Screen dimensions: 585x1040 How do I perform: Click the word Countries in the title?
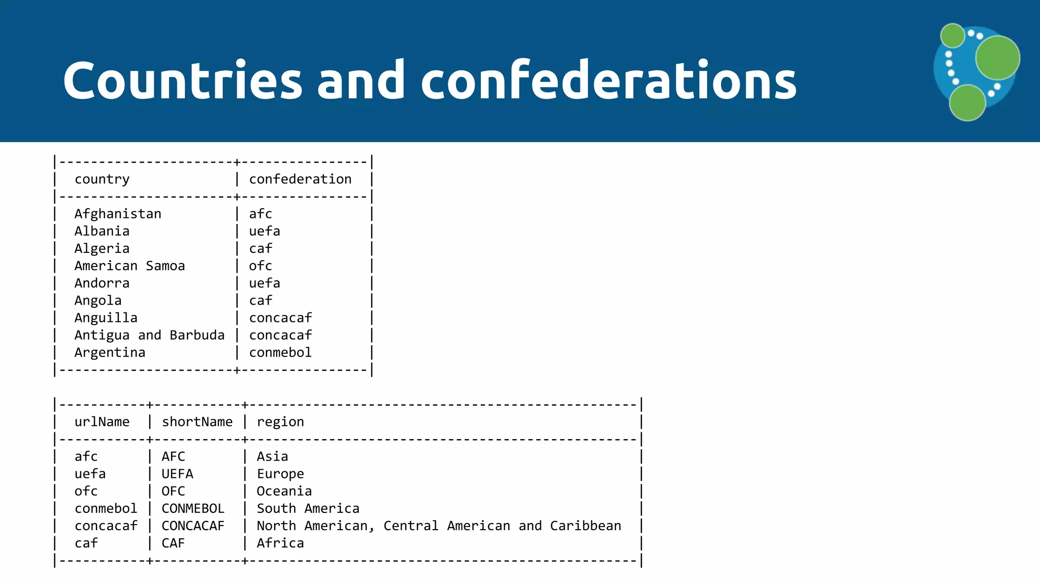click(x=183, y=80)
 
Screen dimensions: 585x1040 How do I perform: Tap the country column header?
click(x=102, y=179)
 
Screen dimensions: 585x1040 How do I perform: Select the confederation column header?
click(x=300, y=179)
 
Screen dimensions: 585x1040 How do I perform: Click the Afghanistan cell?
click(x=118, y=214)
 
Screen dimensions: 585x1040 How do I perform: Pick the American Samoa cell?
click(x=129, y=266)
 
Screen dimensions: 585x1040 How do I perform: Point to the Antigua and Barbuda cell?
click(x=149, y=335)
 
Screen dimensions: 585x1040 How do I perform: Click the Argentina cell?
click(x=110, y=352)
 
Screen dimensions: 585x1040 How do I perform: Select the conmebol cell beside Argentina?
click(x=280, y=352)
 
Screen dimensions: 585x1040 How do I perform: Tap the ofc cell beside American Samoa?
click(x=261, y=266)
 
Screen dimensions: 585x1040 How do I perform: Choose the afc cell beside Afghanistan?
click(x=261, y=214)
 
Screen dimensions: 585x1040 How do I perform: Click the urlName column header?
click(x=102, y=422)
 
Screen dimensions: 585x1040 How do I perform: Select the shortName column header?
click(x=197, y=422)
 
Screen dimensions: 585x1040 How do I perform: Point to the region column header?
click(x=280, y=422)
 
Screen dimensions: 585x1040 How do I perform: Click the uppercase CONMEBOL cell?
click(x=193, y=508)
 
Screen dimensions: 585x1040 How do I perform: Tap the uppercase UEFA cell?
click(x=177, y=474)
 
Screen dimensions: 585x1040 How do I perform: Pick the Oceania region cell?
click(x=284, y=491)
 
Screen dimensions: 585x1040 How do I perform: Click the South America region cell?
click(x=308, y=508)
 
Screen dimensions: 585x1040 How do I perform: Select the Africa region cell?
click(x=280, y=543)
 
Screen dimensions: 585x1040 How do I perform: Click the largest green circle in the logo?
click(x=997, y=57)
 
